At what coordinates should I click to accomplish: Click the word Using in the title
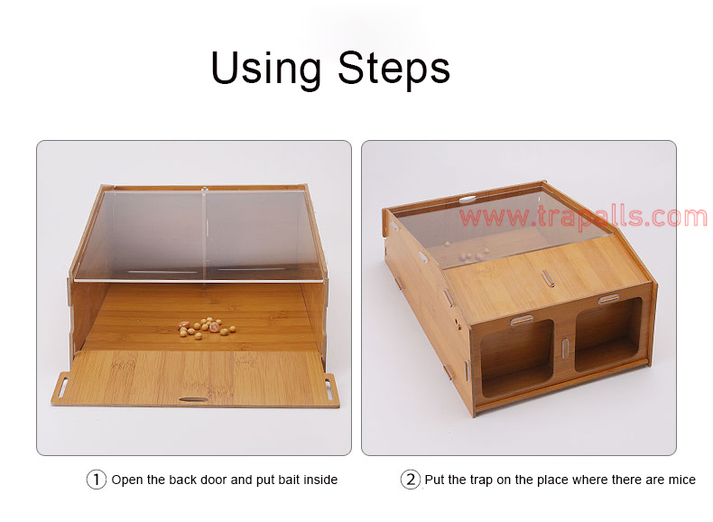coord(265,69)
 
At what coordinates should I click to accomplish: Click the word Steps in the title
coord(394,69)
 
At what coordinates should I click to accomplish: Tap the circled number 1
coord(96,480)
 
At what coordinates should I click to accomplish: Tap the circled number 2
coord(410,480)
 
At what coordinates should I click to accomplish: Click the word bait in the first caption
coord(289,480)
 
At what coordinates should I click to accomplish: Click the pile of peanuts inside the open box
coord(207,328)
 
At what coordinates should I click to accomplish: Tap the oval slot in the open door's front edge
coord(194,399)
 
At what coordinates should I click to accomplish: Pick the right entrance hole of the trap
coord(609,334)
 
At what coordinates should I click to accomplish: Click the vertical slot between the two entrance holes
coord(564,349)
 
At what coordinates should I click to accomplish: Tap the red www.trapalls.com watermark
coord(583,216)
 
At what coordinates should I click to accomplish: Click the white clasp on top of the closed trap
coord(467,199)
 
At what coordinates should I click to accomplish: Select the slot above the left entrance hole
coord(522,321)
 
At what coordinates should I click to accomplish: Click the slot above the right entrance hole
coord(608,299)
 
